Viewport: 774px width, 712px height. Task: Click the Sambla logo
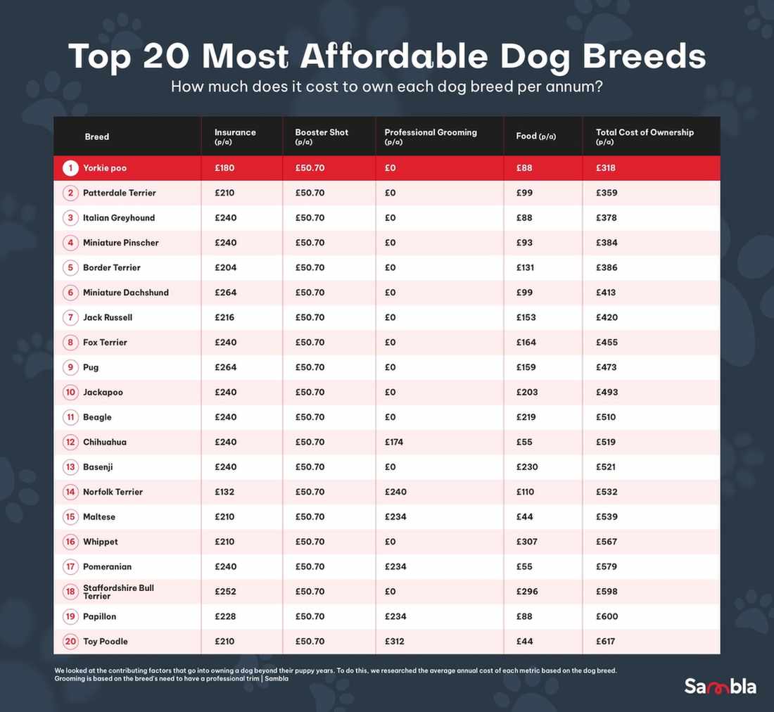click(x=720, y=686)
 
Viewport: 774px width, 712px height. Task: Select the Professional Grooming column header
click(x=430, y=132)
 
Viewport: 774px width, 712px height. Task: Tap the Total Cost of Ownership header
click(x=644, y=132)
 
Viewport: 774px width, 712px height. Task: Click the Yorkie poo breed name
click(x=105, y=168)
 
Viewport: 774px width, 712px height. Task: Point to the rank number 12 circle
click(x=70, y=443)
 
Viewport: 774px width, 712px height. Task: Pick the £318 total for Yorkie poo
click(x=606, y=168)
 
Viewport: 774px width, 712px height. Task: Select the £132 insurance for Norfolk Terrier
click(x=225, y=492)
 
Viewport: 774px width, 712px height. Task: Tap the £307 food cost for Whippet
click(x=526, y=542)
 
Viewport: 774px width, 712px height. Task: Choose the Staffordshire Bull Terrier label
click(x=118, y=592)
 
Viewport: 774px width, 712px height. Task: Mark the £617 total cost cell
click(x=606, y=642)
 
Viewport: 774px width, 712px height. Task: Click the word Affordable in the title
click(x=390, y=56)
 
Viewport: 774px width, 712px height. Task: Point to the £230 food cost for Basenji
click(x=526, y=467)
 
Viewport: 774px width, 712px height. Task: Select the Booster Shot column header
click(x=322, y=132)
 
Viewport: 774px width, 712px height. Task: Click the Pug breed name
click(x=91, y=367)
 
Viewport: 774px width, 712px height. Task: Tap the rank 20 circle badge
click(x=70, y=642)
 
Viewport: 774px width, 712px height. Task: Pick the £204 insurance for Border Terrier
click(x=225, y=268)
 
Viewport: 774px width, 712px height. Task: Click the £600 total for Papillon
click(x=607, y=617)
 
